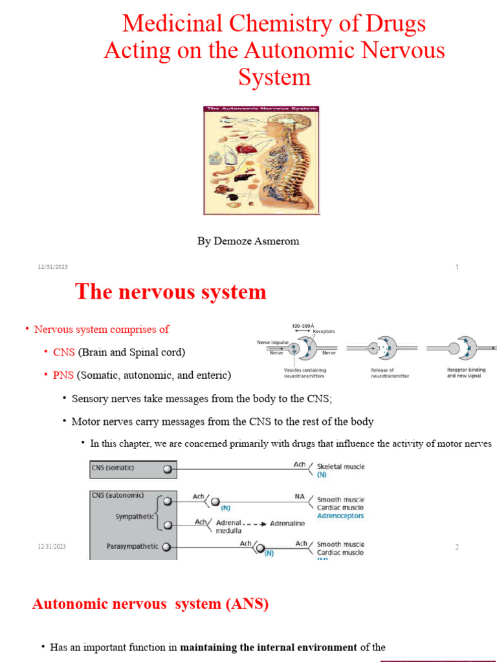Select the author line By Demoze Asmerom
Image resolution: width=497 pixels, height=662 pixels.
coord(248,241)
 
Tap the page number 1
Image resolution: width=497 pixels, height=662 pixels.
coord(457,268)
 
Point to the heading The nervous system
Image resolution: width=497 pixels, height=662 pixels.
coord(171,292)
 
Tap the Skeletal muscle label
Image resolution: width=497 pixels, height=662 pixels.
coord(340,467)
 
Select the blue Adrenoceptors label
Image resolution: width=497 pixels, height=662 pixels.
coord(340,516)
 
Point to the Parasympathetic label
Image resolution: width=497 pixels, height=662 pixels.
coord(132,546)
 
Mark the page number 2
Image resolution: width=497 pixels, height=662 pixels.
coord(457,547)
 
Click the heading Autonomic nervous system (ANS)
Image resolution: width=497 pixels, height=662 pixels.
coord(150,604)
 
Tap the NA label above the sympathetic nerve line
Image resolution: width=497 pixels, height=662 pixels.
coord(300,496)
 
